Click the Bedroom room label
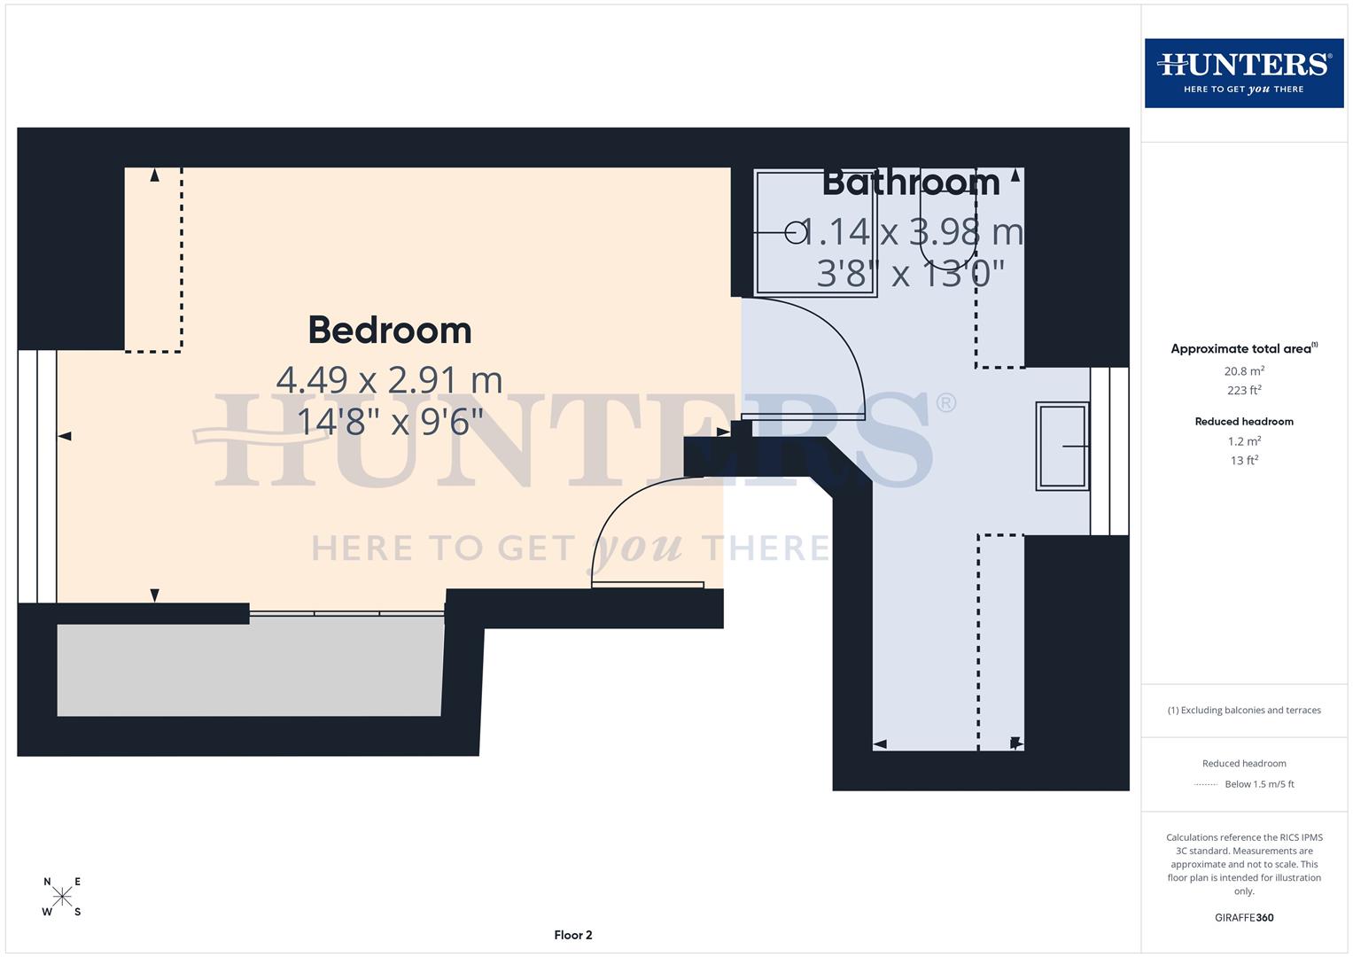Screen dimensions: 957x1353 (x=389, y=331)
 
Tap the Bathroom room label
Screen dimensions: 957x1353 (x=911, y=183)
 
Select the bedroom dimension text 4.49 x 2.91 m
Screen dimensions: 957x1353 (x=389, y=380)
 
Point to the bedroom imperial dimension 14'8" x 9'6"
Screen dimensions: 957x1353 (x=389, y=422)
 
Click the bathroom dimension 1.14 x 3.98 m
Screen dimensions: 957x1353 (x=911, y=232)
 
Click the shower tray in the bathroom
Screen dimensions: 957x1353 (x=815, y=233)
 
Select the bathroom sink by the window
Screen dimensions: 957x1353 (x=1062, y=446)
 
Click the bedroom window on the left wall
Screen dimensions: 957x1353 (x=37, y=476)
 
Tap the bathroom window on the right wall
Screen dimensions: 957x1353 (x=1109, y=451)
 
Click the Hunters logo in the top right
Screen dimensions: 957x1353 (x=1243, y=73)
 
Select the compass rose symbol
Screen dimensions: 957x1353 (x=62, y=896)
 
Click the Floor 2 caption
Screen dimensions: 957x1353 (x=573, y=935)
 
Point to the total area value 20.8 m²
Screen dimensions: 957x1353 (x=1244, y=371)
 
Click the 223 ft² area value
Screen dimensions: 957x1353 (x=1244, y=391)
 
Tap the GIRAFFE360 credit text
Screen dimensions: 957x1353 (x=1244, y=918)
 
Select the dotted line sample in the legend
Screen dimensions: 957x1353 (x=1206, y=784)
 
